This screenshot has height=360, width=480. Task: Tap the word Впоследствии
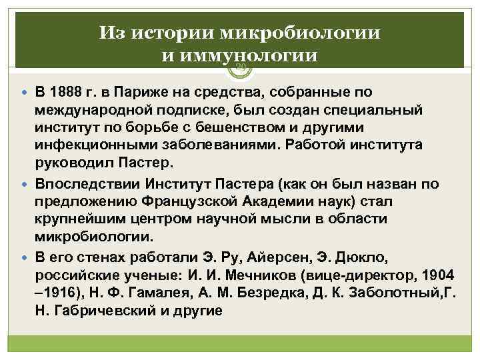coord(84,184)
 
